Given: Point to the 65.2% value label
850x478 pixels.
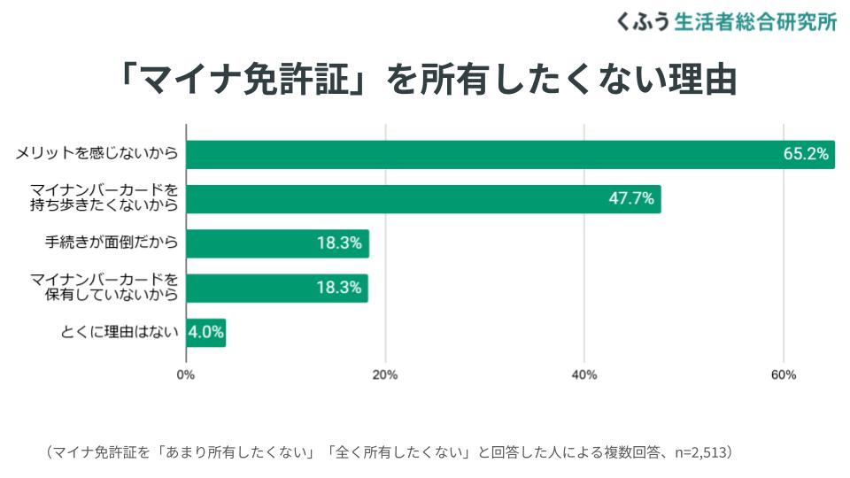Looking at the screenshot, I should tap(805, 154).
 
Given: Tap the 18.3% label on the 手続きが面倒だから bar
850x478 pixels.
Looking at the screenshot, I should tap(339, 243).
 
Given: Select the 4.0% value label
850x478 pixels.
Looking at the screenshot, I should tap(205, 333).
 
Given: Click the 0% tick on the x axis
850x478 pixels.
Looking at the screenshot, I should tap(186, 374).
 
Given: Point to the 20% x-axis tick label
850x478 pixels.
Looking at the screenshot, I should tap(385, 374).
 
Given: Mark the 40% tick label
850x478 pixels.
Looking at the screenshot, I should tap(584, 374).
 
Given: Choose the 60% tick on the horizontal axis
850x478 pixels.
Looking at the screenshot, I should tap(784, 374).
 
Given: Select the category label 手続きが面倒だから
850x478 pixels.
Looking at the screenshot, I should tap(112, 243).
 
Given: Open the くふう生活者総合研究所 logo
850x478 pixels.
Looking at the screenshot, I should tap(726, 22).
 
